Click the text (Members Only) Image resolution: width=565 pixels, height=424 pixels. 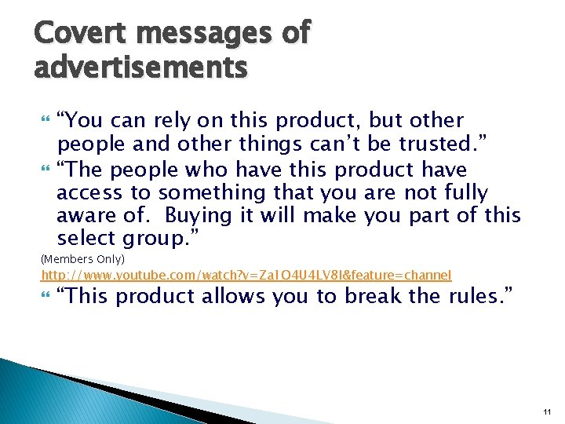[x=82, y=259]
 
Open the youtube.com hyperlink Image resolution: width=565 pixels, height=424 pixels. [x=246, y=275]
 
